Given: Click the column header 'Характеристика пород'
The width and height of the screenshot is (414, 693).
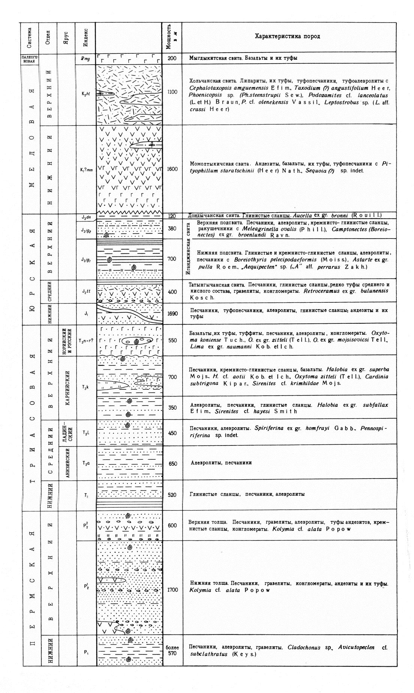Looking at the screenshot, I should click(x=287, y=36).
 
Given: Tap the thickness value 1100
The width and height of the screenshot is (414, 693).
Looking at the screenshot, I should click(x=172, y=92).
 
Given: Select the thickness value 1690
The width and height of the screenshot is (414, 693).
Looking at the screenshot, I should click(x=172, y=313).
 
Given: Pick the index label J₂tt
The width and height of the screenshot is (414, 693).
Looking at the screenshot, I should click(x=85, y=291).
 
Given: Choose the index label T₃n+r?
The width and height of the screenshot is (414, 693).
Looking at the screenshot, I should click(x=85, y=341).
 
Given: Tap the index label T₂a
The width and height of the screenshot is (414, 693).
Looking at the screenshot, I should click(x=85, y=463).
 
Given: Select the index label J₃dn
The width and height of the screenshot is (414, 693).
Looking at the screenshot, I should click(x=85, y=217).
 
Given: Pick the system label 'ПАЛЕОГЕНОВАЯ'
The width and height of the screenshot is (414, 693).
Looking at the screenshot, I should click(x=29, y=58).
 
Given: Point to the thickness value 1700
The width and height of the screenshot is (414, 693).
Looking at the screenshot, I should click(x=172, y=590).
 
